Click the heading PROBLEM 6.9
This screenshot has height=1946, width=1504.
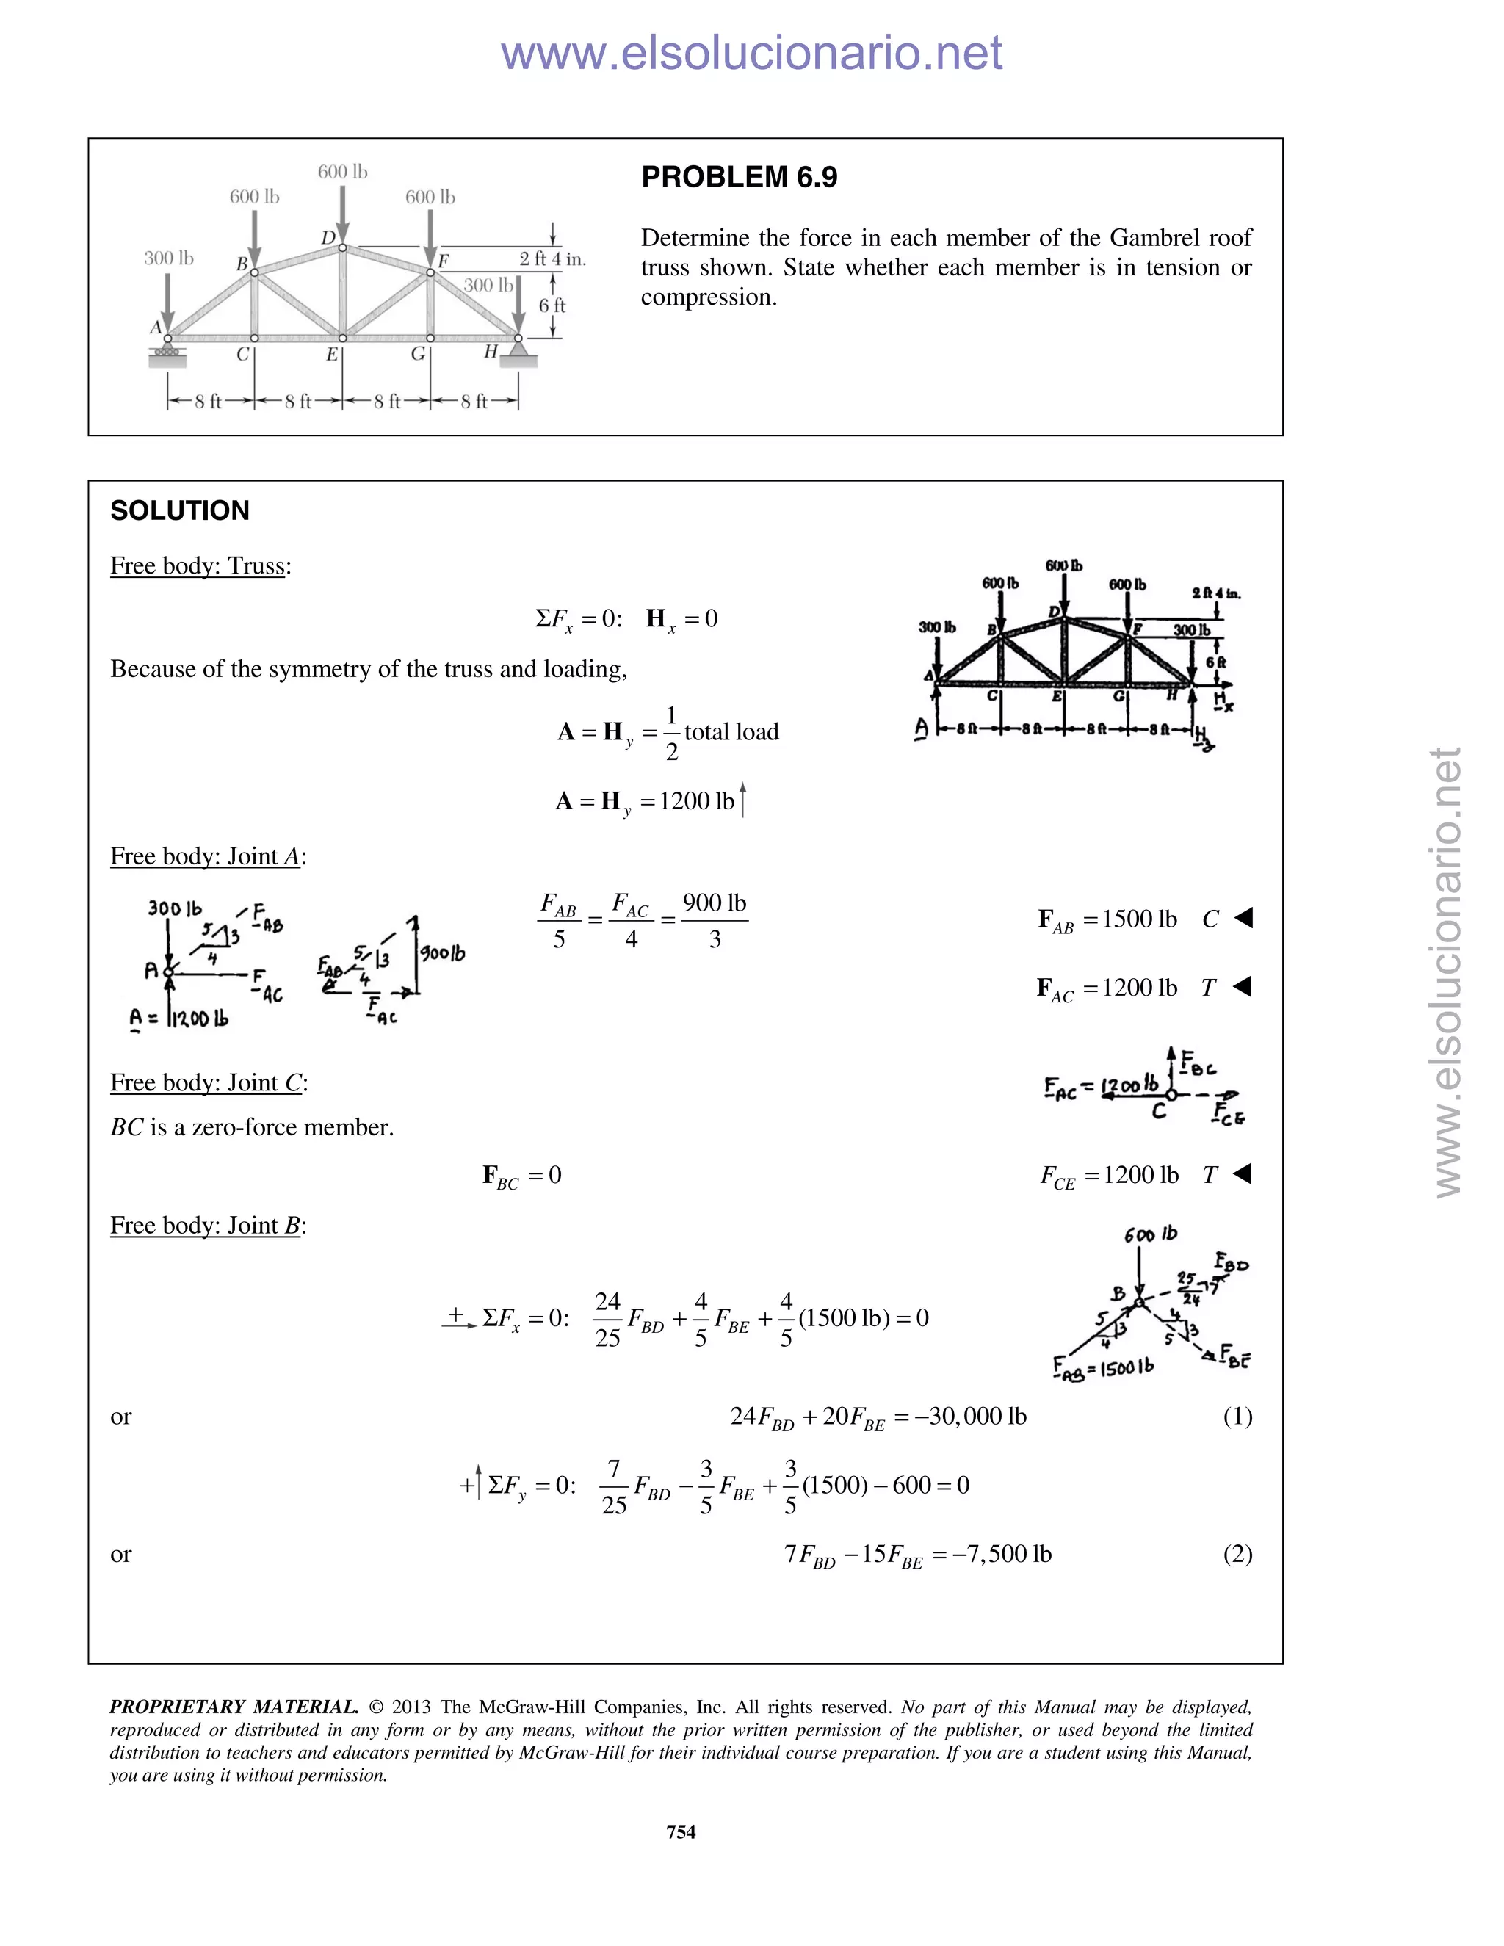click(739, 177)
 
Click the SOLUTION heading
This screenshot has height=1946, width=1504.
click(180, 510)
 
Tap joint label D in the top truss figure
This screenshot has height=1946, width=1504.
click(328, 238)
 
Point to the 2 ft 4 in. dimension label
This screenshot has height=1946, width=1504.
click(552, 259)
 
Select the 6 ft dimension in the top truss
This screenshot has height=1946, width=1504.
click(552, 305)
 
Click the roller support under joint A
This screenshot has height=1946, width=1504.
click(167, 354)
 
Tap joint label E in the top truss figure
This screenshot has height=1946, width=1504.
click(331, 355)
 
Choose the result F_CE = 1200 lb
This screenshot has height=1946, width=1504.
click(1110, 1175)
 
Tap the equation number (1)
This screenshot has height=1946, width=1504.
click(1237, 1416)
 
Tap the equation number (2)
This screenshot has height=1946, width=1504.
click(1237, 1553)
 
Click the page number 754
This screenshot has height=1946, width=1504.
click(681, 1831)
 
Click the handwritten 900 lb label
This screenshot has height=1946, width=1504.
click(443, 953)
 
